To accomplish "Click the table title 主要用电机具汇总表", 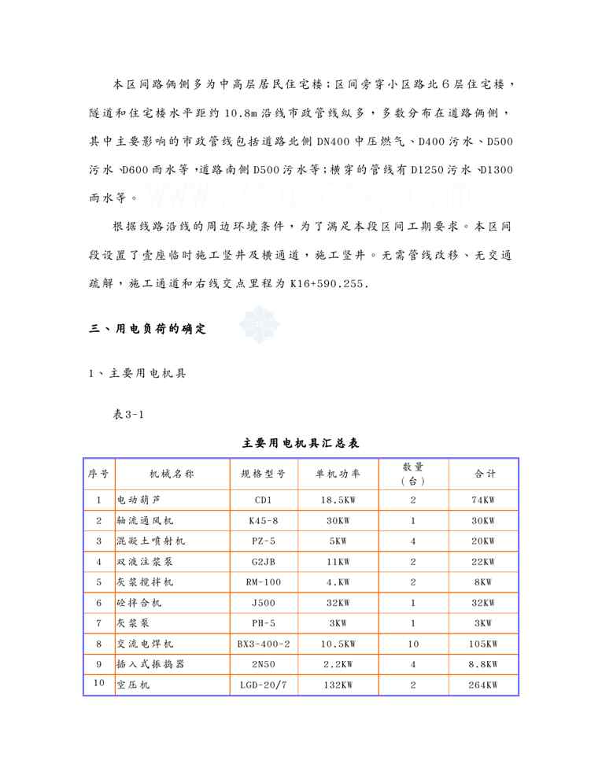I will point(301,444).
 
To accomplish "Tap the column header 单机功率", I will point(338,474).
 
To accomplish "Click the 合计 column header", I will point(484,474).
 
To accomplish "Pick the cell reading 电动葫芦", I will point(141,500).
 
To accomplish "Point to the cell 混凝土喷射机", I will point(151,541).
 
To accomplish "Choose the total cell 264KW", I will point(483,685).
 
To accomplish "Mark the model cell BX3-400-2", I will point(263,644).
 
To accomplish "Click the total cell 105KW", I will point(483,644).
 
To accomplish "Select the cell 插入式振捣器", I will point(151,664).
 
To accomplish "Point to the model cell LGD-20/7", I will point(263,685).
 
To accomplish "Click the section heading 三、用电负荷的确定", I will point(148,330).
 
